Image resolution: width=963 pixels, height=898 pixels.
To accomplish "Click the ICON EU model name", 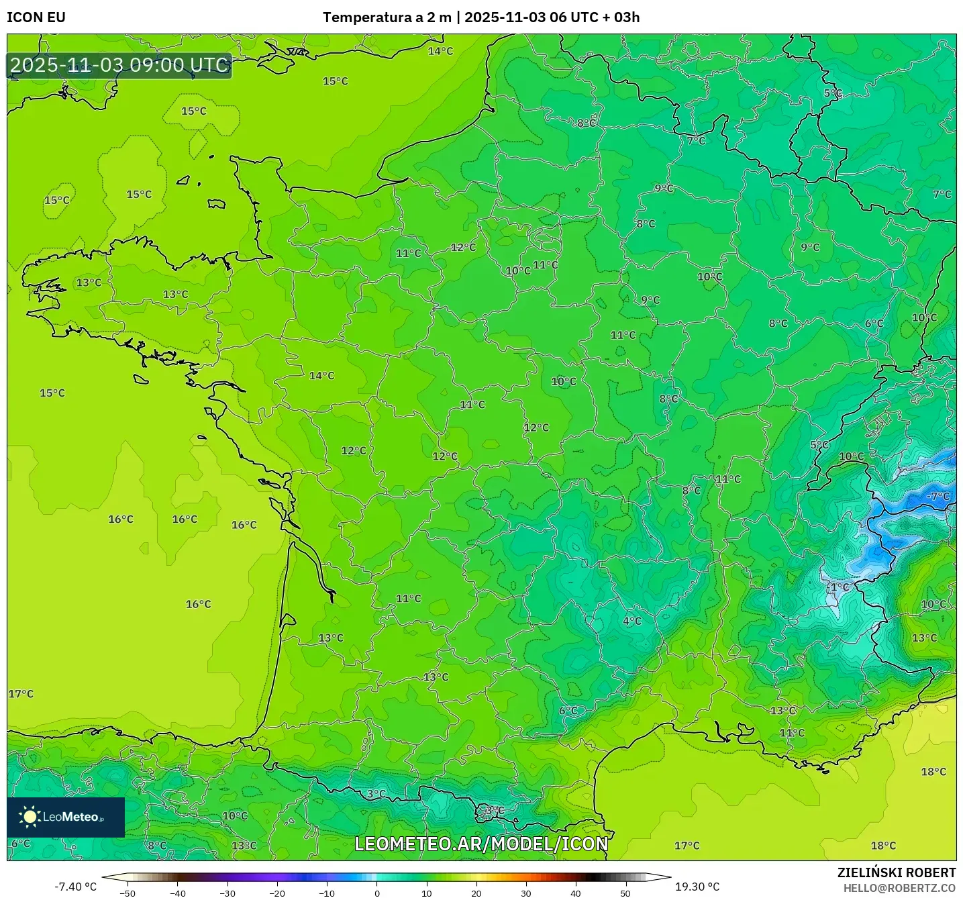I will tap(36, 17).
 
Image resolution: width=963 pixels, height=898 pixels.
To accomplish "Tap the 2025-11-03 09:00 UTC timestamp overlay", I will tap(119, 66).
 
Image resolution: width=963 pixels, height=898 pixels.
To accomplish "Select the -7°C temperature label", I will tap(938, 497).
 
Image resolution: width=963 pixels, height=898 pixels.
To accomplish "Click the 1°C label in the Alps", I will tap(840, 587).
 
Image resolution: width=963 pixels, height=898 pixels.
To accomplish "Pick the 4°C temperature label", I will tap(632, 621).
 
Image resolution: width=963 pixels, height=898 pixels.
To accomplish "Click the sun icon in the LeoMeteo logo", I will tap(30, 817).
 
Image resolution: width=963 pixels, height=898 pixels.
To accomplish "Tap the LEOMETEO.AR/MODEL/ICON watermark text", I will tap(481, 844).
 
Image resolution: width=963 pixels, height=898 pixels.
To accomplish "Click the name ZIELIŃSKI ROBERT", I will tap(897, 872).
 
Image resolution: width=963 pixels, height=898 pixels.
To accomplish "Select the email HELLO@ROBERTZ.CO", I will tap(899, 888).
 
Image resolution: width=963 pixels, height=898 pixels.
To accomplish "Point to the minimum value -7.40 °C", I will tap(75, 887).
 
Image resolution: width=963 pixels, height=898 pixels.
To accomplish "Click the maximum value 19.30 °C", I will tap(697, 887).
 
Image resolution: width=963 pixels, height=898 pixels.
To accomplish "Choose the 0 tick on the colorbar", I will tap(377, 893).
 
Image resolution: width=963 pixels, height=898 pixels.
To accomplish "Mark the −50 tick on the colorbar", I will tap(128, 893).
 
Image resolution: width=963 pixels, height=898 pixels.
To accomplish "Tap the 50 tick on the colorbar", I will tap(625, 893).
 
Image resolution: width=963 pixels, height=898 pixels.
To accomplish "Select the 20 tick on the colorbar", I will tap(476, 893).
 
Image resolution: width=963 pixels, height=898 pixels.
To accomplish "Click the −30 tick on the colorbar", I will tap(227, 893).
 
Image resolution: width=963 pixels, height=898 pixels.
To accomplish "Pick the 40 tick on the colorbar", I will tap(576, 893).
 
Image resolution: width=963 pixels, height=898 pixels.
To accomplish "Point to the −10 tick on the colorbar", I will tap(326, 893).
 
